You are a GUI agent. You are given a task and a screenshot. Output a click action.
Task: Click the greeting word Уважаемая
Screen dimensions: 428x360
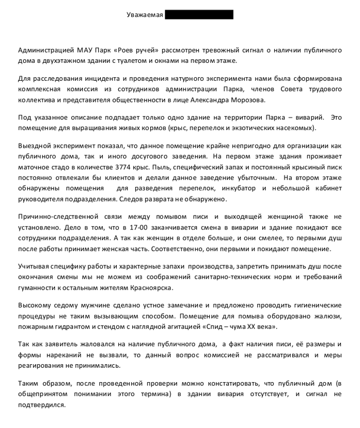click(x=145, y=15)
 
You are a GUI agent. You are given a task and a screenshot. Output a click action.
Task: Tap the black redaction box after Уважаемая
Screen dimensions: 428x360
click(x=199, y=15)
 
